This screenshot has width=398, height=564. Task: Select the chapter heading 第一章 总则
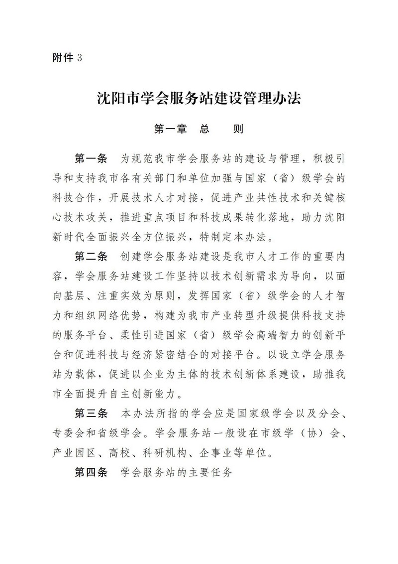(199, 129)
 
